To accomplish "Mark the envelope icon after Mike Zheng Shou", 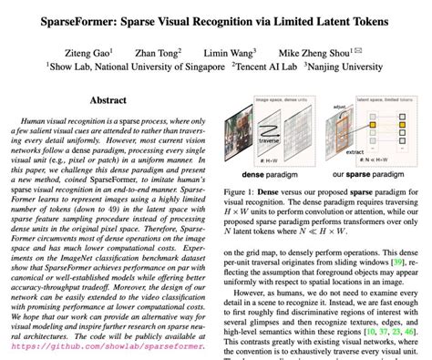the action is click(380, 51).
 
